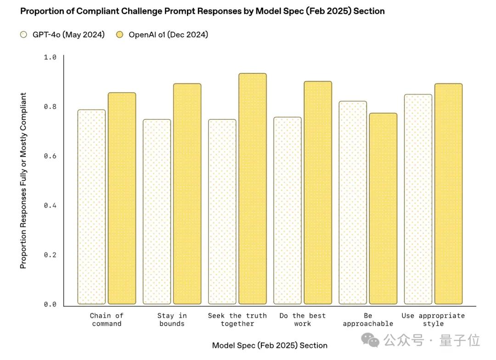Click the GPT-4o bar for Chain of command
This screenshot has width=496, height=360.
pyautogui.click(x=91, y=207)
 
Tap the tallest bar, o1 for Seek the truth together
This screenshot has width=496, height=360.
pyautogui.click(x=253, y=189)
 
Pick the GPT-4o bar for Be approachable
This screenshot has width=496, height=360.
pyautogui.click(x=353, y=202)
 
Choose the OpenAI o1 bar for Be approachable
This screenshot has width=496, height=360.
pyautogui.click(x=383, y=208)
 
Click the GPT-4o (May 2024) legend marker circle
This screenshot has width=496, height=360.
pyautogui.click(x=24, y=34)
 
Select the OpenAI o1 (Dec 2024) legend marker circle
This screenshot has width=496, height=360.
pyautogui.click(x=120, y=34)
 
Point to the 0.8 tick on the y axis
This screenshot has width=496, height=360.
pyautogui.click(x=50, y=107)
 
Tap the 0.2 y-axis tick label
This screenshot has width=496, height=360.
pyautogui.click(x=50, y=255)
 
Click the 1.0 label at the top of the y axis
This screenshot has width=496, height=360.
pyautogui.click(x=50, y=57)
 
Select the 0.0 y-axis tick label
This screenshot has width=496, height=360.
pyautogui.click(x=50, y=304)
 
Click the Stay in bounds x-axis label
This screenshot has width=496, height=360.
pyautogui.click(x=172, y=320)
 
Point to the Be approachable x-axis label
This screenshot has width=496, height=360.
pyautogui.click(x=368, y=320)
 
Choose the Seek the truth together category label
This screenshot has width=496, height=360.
pyautogui.click(x=237, y=320)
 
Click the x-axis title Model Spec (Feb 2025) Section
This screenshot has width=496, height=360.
pyautogui.click(x=270, y=345)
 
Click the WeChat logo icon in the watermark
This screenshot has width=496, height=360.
pyautogui.click(x=370, y=340)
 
